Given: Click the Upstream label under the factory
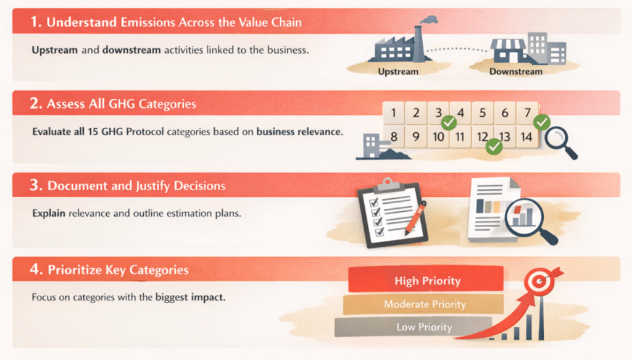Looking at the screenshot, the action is pyautogui.click(x=398, y=72).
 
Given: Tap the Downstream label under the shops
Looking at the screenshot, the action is pyautogui.click(x=515, y=72).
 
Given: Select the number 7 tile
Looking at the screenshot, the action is pyautogui.click(x=527, y=112).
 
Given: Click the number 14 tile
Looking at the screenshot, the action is pyautogui.click(x=526, y=136).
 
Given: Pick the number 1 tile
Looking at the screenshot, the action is pyautogui.click(x=393, y=113).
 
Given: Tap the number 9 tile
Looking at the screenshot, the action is pyautogui.click(x=416, y=137).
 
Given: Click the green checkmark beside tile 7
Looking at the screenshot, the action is pyautogui.click(x=542, y=122).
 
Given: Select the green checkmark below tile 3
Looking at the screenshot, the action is pyautogui.click(x=449, y=122).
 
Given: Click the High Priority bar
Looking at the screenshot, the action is pyautogui.click(x=426, y=279).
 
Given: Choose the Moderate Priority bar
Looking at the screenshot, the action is pyautogui.click(x=423, y=304).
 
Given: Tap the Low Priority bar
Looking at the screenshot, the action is pyautogui.click(x=414, y=327).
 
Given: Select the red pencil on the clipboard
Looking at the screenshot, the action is pyautogui.click(x=415, y=219).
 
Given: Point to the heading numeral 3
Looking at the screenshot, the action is pyautogui.click(x=35, y=185).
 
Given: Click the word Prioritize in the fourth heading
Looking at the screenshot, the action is pyautogui.click(x=75, y=270).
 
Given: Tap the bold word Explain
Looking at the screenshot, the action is pyautogui.click(x=49, y=213).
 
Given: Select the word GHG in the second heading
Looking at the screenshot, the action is pyautogui.click(x=122, y=104).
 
